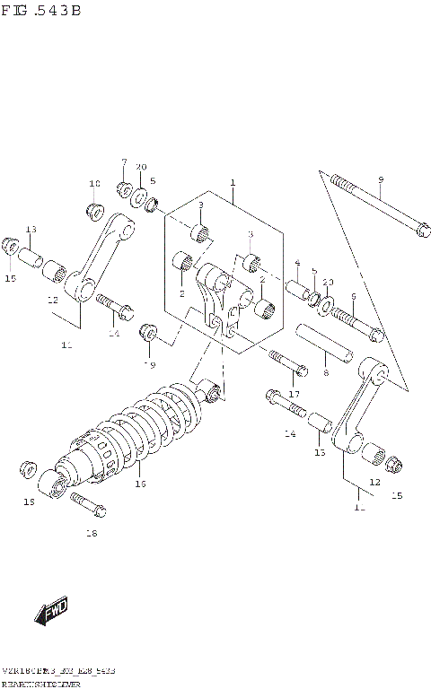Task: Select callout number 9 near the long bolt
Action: (380, 180)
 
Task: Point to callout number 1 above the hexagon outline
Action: (232, 183)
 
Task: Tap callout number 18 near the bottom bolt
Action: (90, 535)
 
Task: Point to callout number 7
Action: (124, 162)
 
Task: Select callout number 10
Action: (94, 184)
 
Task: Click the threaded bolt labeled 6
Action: (356, 326)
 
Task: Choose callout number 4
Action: (296, 264)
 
